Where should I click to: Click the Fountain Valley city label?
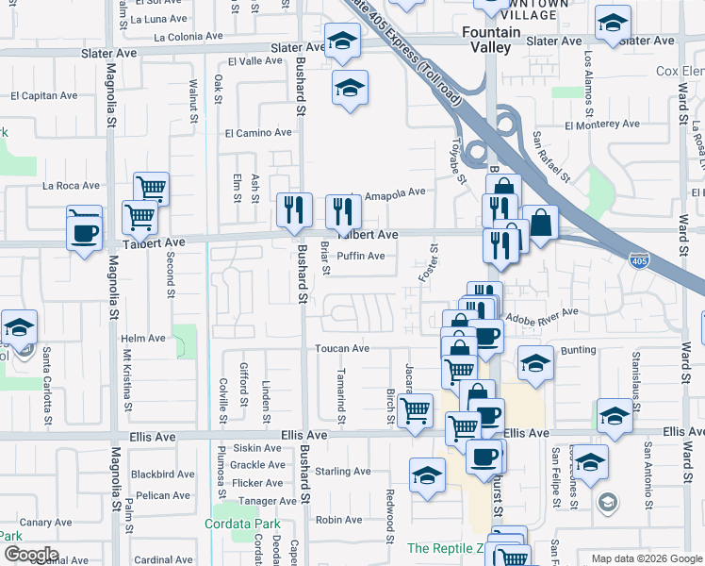pos(491,40)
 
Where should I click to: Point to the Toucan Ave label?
pos(342,348)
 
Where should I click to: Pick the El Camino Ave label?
pos(258,133)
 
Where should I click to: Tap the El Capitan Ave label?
pos(44,95)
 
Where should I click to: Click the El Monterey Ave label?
pos(601,124)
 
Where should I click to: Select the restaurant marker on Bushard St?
pos(295,210)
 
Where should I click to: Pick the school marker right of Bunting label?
pos(614,414)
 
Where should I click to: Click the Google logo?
pos(31,555)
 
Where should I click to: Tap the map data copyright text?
pos(646,558)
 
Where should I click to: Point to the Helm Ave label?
pos(143,339)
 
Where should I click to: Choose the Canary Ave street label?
pos(46,522)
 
